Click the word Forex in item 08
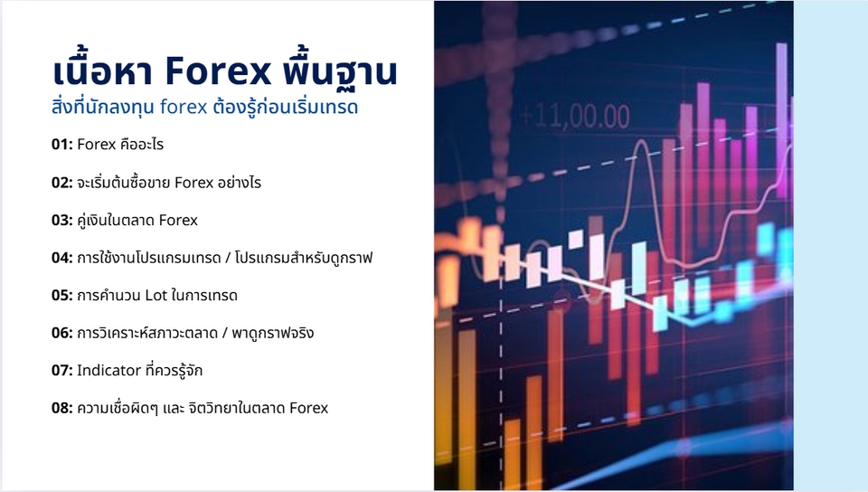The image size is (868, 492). point(308,408)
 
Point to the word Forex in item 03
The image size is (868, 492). point(178,220)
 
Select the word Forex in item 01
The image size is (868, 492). point(97,145)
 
